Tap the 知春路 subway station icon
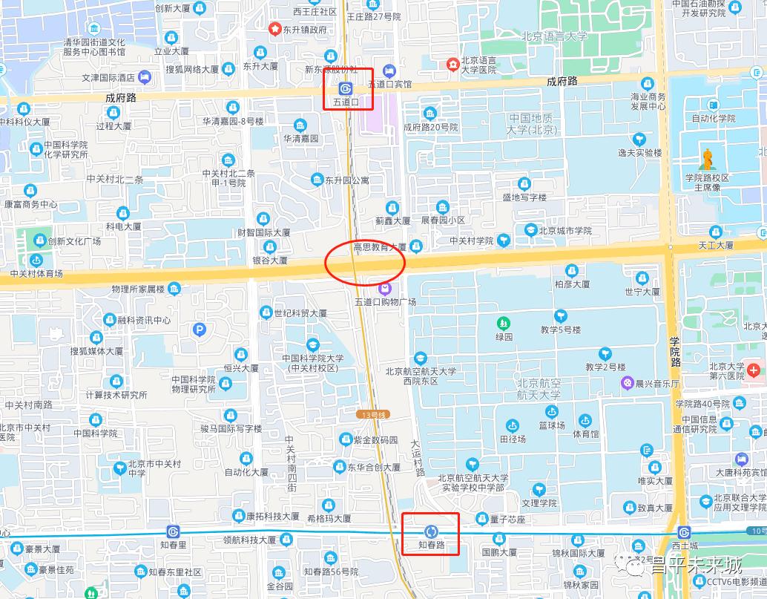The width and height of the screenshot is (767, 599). (431, 531)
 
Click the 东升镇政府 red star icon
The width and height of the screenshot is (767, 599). (274, 29)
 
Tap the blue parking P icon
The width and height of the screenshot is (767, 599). (198, 330)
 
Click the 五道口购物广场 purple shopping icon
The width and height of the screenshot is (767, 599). (385, 288)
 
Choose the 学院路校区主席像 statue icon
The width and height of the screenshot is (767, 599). (708, 159)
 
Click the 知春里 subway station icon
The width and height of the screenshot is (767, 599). (173, 531)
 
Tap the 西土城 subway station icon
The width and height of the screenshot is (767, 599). (683, 532)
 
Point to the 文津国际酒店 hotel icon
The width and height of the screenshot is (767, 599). (145, 76)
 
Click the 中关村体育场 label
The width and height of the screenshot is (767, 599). (36, 274)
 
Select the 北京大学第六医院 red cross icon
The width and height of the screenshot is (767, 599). (754, 368)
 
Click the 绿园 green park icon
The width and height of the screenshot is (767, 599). (504, 324)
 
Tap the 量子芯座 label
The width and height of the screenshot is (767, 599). (507, 519)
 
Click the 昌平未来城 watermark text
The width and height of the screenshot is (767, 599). (696, 566)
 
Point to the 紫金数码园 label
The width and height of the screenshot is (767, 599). (375, 440)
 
